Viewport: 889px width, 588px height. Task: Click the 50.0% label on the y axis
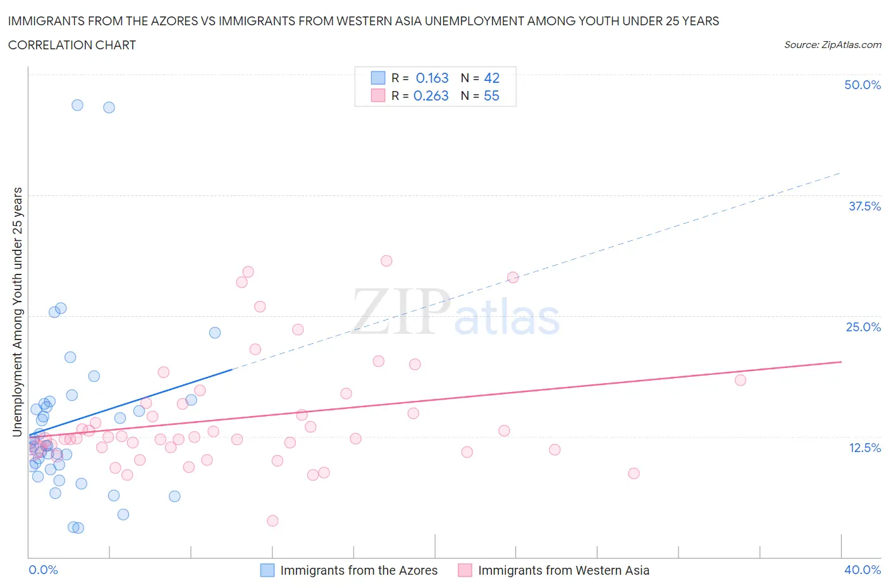(862, 85)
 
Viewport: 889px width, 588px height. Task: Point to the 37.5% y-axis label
(864, 206)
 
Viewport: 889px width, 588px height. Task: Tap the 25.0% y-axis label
(863, 327)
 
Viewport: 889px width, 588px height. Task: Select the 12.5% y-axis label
(864, 448)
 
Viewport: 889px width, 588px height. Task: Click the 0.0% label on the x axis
(43, 570)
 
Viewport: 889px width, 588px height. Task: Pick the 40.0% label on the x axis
(862, 570)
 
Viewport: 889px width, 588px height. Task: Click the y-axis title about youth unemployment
(18, 312)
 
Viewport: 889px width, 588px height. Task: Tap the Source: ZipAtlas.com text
(832, 45)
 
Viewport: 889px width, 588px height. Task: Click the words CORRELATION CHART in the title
(72, 45)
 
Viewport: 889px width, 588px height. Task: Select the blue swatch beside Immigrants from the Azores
(267, 570)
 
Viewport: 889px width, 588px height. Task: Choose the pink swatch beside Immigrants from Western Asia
(465, 570)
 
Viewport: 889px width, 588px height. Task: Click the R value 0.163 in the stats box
(432, 78)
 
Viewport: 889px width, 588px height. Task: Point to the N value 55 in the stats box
(491, 95)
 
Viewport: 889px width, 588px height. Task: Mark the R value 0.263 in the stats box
(431, 95)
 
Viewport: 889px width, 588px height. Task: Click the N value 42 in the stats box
(491, 78)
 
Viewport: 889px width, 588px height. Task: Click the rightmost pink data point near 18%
(740, 380)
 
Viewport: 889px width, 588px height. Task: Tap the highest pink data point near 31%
(386, 260)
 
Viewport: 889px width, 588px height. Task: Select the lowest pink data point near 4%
(273, 520)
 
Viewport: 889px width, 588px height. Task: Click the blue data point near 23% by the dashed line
(215, 333)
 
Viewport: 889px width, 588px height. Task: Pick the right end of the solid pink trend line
(841, 362)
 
